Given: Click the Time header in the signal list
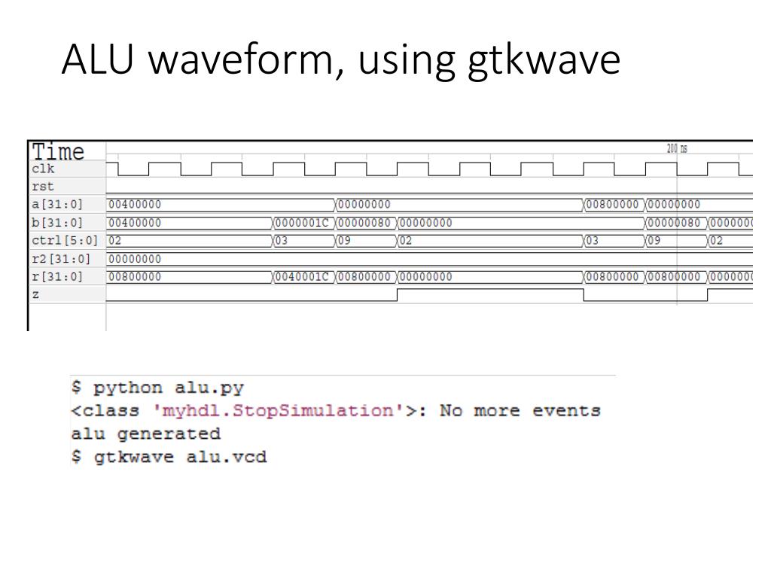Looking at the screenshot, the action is click(x=58, y=152).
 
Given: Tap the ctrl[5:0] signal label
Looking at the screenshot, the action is click(x=63, y=240).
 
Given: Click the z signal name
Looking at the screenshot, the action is click(x=35, y=294).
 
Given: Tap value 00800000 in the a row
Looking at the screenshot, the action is click(x=614, y=204).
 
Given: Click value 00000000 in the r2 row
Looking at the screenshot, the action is click(x=135, y=258).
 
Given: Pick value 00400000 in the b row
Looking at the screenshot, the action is click(x=135, y=222).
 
